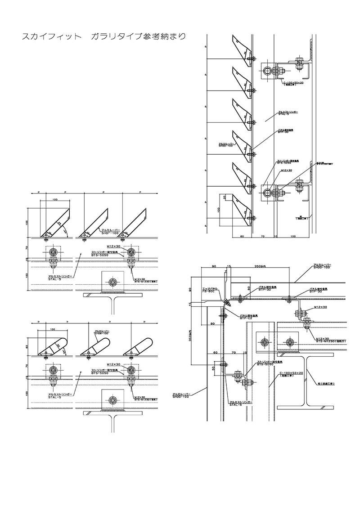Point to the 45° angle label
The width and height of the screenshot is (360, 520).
pos(67,232)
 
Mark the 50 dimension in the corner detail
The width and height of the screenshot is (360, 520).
pos(213,368)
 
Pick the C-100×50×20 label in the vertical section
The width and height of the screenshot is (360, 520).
pos(293,83)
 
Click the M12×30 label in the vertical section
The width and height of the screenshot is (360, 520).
pos(287,170)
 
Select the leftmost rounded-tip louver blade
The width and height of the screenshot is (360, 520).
pos(53,346)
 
